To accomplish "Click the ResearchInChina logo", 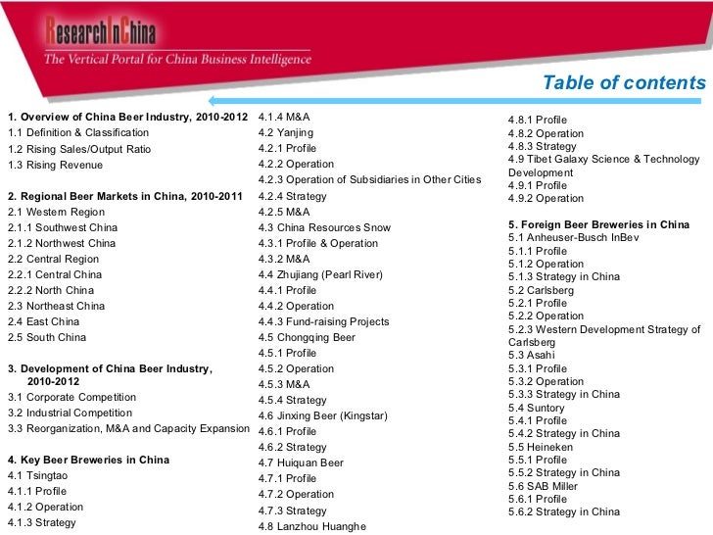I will (100, 35).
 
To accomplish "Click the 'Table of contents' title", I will (624, 83).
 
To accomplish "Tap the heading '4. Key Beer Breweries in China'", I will (88, 460).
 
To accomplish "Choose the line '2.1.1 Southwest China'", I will (63, 227).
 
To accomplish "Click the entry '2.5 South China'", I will (47, 338).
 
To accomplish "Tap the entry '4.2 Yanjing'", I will (286, 132).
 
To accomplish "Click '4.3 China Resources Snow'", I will (324, 227).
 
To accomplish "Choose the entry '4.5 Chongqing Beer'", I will (307, 337).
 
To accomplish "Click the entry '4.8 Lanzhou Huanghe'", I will (311, 526).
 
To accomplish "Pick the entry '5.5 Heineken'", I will (541, 447).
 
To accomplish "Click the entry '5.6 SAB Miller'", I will (544, 486).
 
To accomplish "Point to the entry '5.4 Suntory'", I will (537, 408).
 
